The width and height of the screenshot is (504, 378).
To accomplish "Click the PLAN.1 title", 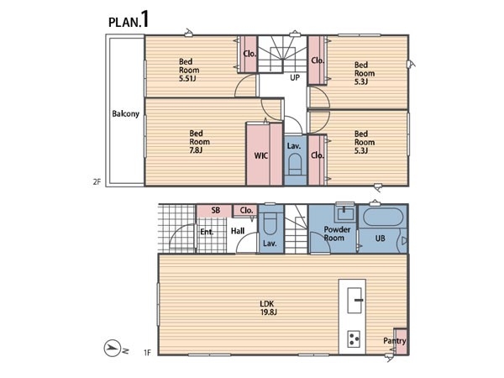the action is pyautogui.click(x=129, y=20).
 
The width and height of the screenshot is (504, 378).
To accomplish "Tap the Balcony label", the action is pyautogui.click(x=125, y=113).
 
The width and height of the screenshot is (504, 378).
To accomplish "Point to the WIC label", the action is pyautogui.click(x=261, y=156).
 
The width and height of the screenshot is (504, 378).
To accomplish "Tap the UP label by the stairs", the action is pyautogui.click(x=295, y=77).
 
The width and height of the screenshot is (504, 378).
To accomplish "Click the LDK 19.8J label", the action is pyautogui.click(x=268, y=307).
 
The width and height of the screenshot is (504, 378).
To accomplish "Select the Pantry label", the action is pyautogui.click(x=395, y=341).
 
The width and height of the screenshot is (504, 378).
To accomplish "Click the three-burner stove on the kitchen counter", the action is pyautogui.click(x=354, y=339).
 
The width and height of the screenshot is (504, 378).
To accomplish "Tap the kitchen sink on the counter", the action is pyautogui.click(x=355, y=300).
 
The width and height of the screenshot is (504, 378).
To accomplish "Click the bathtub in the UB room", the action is pyautogui.click(x=383, y=218).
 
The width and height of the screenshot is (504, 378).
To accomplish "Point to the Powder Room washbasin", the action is pyautogui.click(x=344, y=213).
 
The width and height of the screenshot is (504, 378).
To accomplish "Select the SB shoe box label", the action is pyautogui.click(x=216, y=210).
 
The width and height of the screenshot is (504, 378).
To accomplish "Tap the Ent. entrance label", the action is pyautogui.click(x=207, y=232).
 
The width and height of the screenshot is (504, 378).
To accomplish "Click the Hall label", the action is pyautogui.click(x=238, y=231).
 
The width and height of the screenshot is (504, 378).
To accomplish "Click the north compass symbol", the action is pyautogui.click(x=112, y=348).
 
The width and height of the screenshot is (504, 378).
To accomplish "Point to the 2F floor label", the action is pyautogui.click(x=97, y=182).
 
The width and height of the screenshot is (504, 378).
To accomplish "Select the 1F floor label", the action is pyautogui.click(x=147, y=353).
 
